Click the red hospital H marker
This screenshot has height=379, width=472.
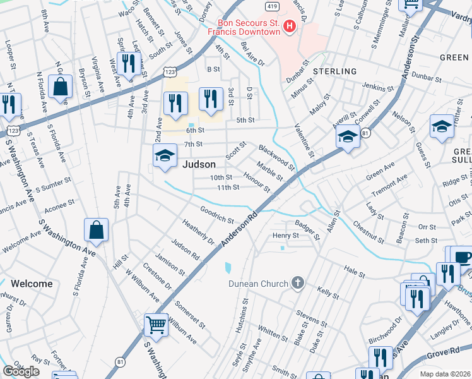[289, 26]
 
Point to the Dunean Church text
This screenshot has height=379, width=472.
[257, 284]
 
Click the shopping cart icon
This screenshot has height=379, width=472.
[156, 325]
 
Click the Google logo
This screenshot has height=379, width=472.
[20, 371]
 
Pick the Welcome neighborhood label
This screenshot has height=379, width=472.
[32, 284]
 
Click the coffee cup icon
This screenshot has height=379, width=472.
[463, 257]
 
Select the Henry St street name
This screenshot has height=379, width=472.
[285, 236]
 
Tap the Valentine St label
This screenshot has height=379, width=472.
[305, 143]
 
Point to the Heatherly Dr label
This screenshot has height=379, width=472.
[198, 232]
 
